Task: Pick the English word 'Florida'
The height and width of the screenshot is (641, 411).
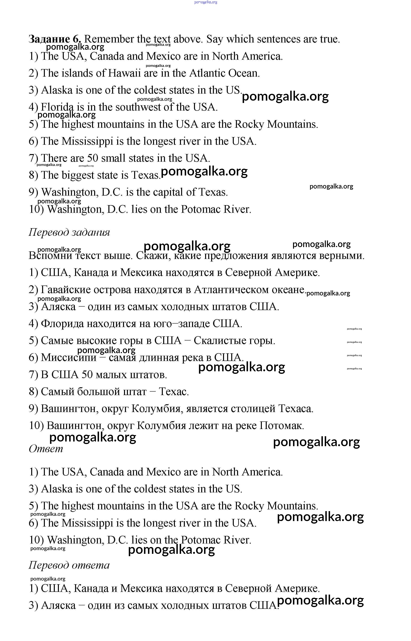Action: click(x=57, y=107)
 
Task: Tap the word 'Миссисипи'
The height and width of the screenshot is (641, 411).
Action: click(x=69, y=358)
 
